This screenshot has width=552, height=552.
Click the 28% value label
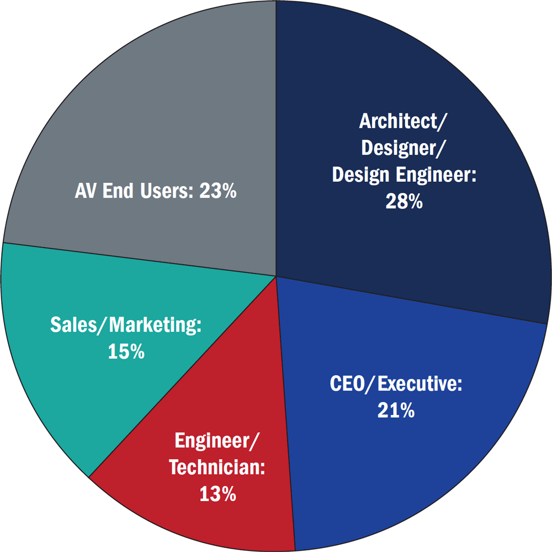[x=404, y=202]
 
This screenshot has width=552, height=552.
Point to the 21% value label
[x=396, y=410]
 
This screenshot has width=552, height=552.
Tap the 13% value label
[x=217, y=493]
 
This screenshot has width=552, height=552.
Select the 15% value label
[x=126, y=351]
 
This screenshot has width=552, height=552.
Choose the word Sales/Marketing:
[x=126, y=325]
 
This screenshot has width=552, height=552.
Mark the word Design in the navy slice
[x=359, y=175]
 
